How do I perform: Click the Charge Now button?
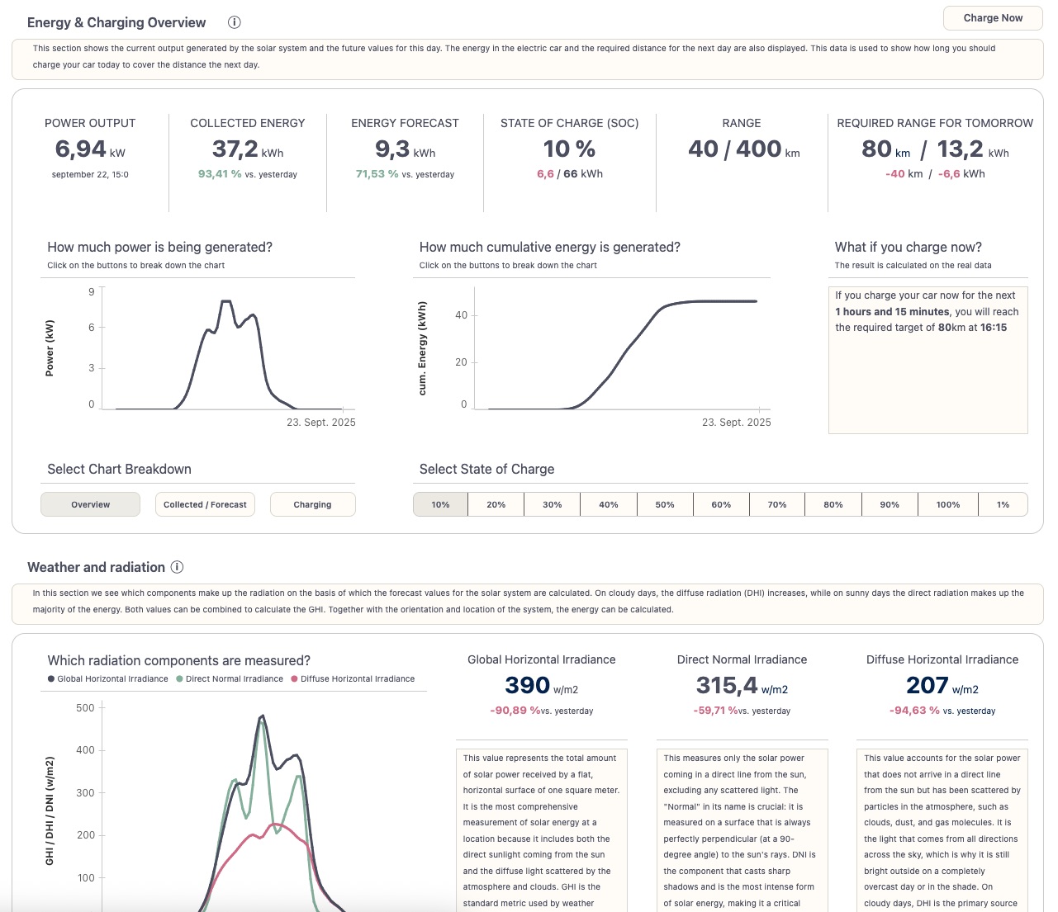pos(993,18)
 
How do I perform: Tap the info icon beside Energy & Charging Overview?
pos(235,22)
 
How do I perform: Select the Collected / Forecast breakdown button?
pos(205,504)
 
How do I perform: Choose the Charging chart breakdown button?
pos(312,504)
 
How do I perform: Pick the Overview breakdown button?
pos(90,504)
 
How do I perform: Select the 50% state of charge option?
pos(665,504)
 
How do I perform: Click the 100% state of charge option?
pos(948,504)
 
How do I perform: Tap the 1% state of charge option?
pos(1003,504)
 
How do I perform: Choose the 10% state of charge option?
pos(440,504)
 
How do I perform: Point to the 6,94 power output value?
pos(81,149)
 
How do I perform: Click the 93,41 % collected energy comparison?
pos(220,174)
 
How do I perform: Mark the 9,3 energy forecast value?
pos(392,149)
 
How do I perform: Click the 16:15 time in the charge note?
pos(994,328)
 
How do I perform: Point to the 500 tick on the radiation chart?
pos(85,708)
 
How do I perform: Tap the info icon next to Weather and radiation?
pos(177,567)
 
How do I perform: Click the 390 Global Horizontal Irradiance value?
pos(527,686)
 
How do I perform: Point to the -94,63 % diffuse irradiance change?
pos(914,711)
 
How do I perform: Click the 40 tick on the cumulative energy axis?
pos(461,315)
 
